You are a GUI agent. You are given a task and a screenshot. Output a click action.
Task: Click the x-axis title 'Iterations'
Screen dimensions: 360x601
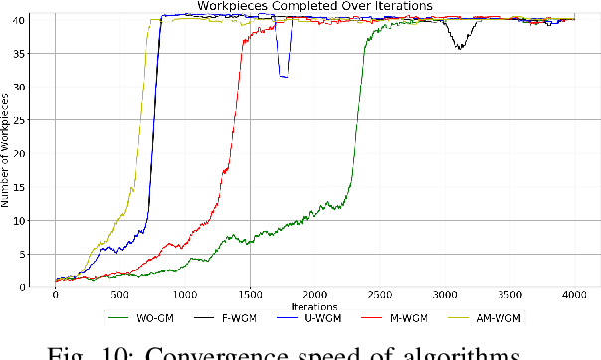pyautogui.click(x=314, y=305)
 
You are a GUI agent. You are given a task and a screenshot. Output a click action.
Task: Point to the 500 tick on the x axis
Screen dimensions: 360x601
pyautogui.click(x=119, y=296)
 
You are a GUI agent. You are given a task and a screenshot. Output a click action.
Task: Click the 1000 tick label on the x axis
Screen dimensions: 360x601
pyautogui.click(x=184, y=296)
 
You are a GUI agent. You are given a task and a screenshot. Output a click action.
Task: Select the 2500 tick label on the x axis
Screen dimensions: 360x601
pyautogui.click(x=379, y=296)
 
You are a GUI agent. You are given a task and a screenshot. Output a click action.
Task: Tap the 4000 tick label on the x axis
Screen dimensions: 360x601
pyautogui.click(x=574, y=296)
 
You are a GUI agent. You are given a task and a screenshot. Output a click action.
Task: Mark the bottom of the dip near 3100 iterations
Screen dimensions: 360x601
pyautogui.click(x=458, y=48)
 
